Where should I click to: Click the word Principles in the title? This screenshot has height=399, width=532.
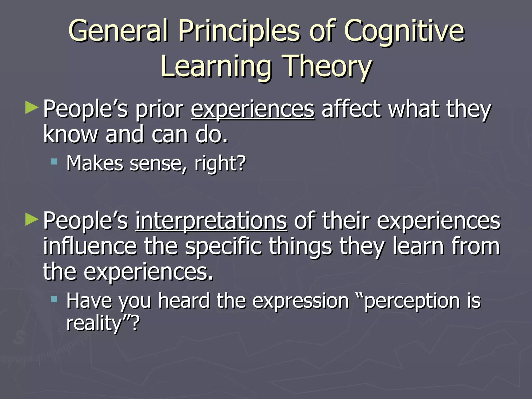pos(239,31)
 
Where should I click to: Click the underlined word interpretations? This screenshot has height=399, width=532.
pos(211,221)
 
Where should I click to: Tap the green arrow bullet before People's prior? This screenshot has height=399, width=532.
pos(32,108)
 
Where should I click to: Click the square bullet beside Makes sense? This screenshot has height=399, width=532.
pos(54,162)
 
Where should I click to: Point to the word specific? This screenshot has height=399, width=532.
pos(223,247)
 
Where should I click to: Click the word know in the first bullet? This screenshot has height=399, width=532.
pos(70,135)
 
